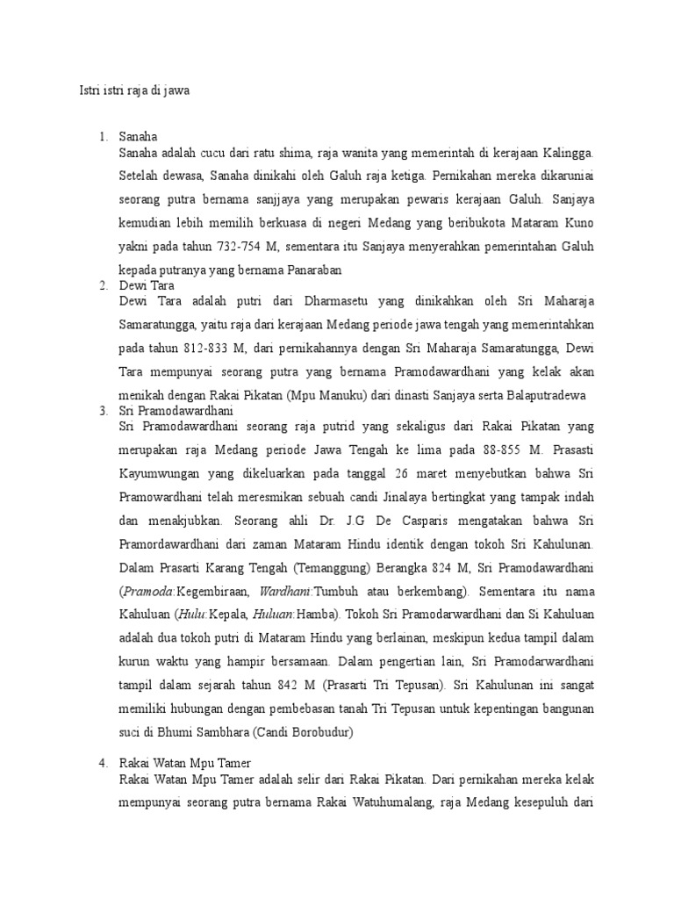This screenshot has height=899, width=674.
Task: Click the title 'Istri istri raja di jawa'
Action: (x=135, y=90)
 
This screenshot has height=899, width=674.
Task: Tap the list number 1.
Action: (x=104, y=137)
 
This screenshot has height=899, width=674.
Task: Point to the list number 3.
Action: (x=104, y=411)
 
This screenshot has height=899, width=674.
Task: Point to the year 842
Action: (x=283, y=683)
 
